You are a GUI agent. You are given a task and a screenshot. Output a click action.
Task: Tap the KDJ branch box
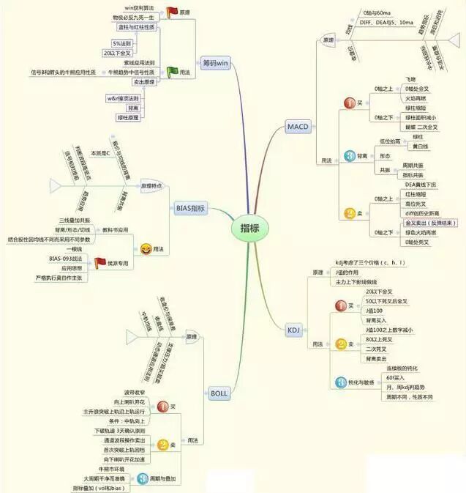[x=293, y=330]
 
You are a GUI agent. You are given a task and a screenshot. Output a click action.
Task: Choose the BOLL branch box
[x=219, y=393]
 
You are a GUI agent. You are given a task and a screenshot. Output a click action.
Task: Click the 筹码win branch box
[x=217, y=63]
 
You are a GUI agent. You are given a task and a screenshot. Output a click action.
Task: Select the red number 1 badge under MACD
[x=349, y=103]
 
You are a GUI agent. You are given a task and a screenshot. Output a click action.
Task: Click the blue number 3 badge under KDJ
[x=342, y=382]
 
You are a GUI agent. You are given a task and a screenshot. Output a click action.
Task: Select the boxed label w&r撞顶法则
[x=124, y=97]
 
